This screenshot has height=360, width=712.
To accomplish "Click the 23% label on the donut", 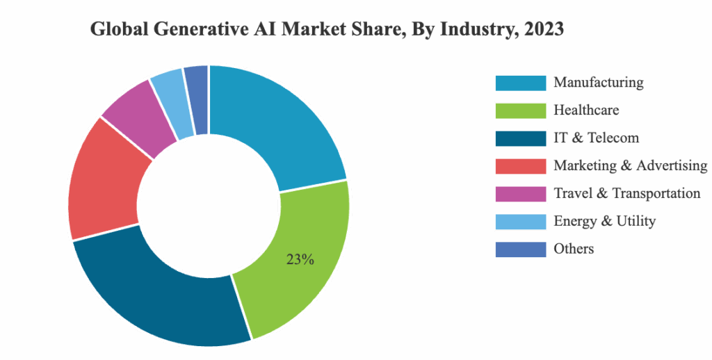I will click(300, 260).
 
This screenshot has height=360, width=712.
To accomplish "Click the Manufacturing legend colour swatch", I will click(520, 83).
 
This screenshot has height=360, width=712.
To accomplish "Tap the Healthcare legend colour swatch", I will click(520, 111).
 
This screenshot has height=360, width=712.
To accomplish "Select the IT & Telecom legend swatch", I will click(520, 138).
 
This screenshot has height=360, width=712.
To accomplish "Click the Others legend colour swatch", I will click(520, 249).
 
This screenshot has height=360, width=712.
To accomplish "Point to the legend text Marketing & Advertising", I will click(631, 165).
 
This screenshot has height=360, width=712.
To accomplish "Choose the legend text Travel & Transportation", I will click(626, 193).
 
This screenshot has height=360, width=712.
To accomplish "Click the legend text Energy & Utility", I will click(604, 221).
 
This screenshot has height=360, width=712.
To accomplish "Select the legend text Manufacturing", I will click(598, 82).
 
